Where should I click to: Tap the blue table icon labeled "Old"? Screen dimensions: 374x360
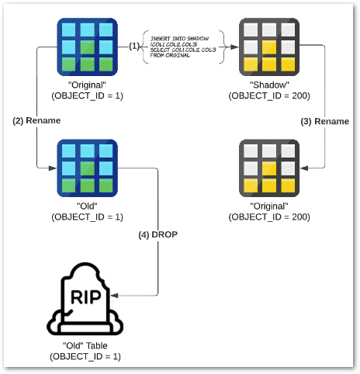[x=87, y=168]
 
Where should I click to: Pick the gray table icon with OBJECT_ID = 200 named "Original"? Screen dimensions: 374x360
[x=269, y=168]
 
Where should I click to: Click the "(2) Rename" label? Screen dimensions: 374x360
[x=36, y=121]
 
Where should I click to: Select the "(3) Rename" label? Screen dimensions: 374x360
[x=324, y=121]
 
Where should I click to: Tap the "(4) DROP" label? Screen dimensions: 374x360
[x=160, y=234]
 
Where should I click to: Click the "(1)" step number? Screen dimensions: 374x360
[x=133, y=47]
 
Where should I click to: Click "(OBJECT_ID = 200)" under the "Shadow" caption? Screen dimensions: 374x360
[x=269, y=95]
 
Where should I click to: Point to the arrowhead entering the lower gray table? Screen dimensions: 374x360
[x=303, y=168]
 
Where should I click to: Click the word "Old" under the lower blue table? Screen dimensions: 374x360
[x=87, y=206]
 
